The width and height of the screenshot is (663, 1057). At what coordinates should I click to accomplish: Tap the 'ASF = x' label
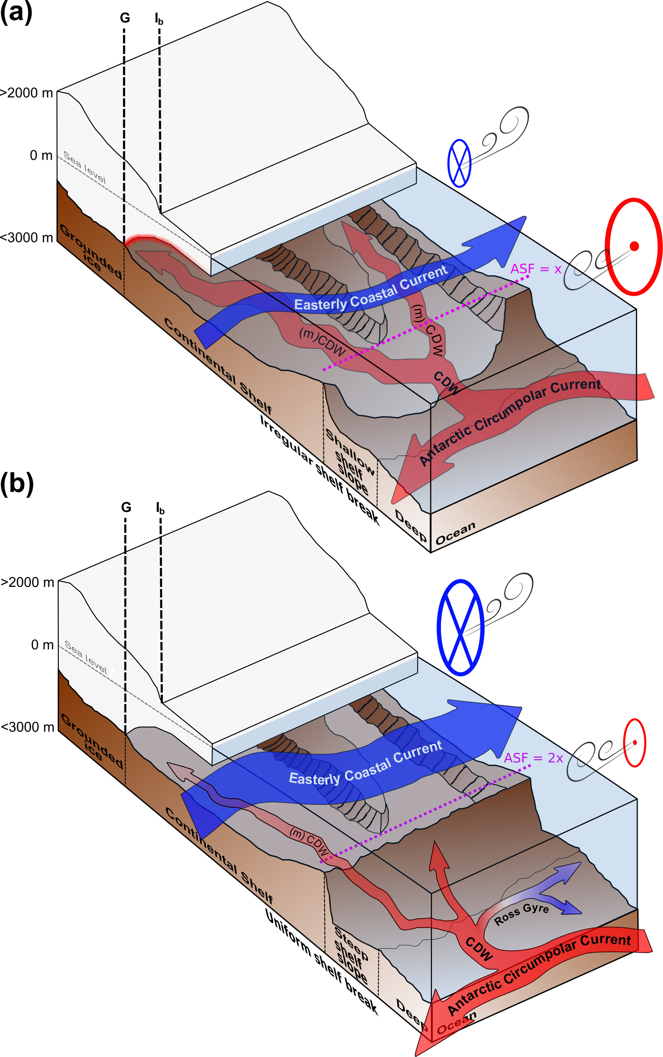coord(535,269)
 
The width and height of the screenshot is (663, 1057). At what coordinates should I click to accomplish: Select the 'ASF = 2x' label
coord(533,758)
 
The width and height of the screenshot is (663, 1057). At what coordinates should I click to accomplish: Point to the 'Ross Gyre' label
coord(521,915)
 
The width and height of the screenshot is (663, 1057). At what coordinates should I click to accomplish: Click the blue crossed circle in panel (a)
coord(459,163)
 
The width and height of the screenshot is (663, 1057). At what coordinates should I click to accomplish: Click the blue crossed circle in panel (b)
coord(460,627)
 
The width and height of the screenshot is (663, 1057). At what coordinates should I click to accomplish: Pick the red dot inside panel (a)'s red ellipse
coord(634,246)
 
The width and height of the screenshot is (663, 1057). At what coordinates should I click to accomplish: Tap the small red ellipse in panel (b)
coord(634,743)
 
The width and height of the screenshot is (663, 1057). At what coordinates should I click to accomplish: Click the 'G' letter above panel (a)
coord(125,18)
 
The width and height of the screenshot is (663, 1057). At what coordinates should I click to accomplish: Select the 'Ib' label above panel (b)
coord(160,508)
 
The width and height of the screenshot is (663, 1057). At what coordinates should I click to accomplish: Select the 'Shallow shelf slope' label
coord(350,461)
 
